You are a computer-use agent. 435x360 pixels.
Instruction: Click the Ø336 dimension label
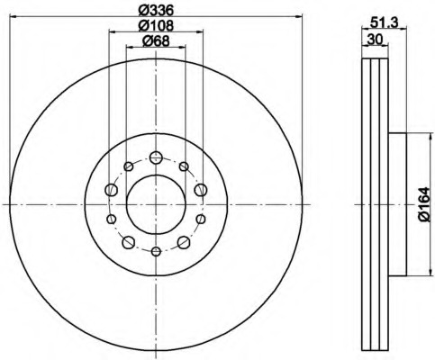(x=156, y=11)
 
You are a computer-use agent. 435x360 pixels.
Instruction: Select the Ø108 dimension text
(x=156, y=25)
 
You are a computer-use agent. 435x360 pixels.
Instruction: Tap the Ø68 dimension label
(x=156, y=41)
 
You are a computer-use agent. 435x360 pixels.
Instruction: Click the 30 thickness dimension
(x=375, y=40)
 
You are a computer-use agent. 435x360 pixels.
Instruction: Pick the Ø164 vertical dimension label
(x=425, y=204)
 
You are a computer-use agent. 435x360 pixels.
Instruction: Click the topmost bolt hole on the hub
(x=156, y=157)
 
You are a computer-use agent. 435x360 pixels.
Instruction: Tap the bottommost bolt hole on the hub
(x=156, y=251)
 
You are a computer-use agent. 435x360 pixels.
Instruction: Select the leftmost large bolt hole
(x=112, y=190)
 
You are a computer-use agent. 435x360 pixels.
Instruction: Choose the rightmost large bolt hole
(x=201, y=190)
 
